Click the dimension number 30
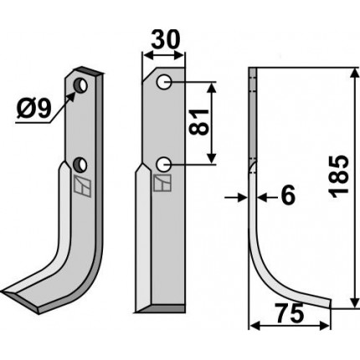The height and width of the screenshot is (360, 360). (164, 39)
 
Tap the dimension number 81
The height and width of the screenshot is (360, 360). (199, 122)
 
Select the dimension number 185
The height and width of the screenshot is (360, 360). (339, 176)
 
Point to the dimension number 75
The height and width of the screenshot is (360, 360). (289, 312)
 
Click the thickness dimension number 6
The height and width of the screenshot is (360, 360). (288, 195)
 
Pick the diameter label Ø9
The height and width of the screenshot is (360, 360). (34, 109)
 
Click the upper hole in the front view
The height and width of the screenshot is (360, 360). (164, 82)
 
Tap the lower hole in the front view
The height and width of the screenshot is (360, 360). (164, 165)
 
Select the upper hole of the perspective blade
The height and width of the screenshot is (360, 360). (80, 85)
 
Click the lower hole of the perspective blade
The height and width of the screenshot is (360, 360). (80, 164)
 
